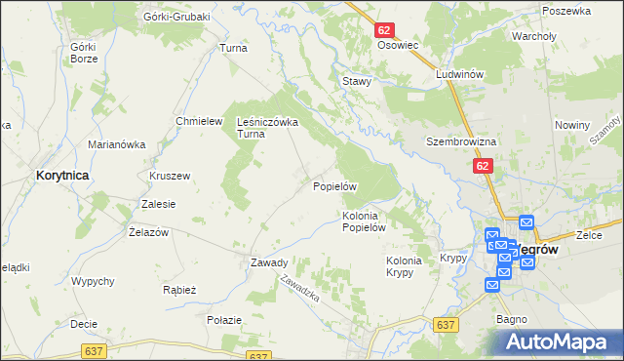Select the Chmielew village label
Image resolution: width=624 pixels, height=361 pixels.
pyautogui.click(x=194, y=121)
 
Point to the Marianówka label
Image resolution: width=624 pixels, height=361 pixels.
pyautogui.click(x=117, y=144)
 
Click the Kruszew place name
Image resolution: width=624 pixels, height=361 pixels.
pyautogui.click(x=170, y=176)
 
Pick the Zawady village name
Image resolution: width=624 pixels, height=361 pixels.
pyautogui.click(x=269, y=262)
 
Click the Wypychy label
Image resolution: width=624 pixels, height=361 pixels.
pyautogui.click(x=94, y=281)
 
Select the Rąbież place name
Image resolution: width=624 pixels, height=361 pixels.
pyautogui.click(x=180, y=290)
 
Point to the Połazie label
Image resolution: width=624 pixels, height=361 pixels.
pyautogui.click(x=224, y=319)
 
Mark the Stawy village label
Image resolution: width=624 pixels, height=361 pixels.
pyautogui.click(x=357, y=82)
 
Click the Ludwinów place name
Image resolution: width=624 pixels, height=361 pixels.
pyautogui.click(x=461, y=74)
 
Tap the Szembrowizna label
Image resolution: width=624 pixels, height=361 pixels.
pyautogui.click(x=461, y=141)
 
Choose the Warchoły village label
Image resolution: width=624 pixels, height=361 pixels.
pyautogui.click(x=533, y=37)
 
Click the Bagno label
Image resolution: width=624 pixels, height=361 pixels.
pyautogui.click(x=512, y=319)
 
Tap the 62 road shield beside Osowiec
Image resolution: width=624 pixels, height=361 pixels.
pyautogui.click(x=383, y=31)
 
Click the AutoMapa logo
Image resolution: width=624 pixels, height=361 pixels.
pyautogui.click(x=564, y=341)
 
